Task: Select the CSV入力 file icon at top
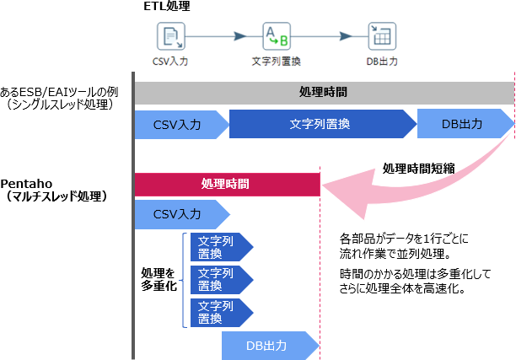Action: point(171,36)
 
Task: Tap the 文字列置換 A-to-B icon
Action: point(276,36)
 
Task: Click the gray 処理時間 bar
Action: point(323,92)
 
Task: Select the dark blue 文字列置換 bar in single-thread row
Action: point(320,124)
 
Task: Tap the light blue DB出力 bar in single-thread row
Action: point(463,124)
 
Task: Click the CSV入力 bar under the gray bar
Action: point(178,124)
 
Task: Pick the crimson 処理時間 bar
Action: point(226,183)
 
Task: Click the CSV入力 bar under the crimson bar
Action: point(178,214)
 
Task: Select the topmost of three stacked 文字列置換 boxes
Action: point(218,245)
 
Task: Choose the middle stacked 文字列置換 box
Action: point(218,279)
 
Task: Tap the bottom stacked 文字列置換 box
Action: point(218,312)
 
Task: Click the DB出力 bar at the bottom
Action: point(268,346)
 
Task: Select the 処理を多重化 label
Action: point(158,280)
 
